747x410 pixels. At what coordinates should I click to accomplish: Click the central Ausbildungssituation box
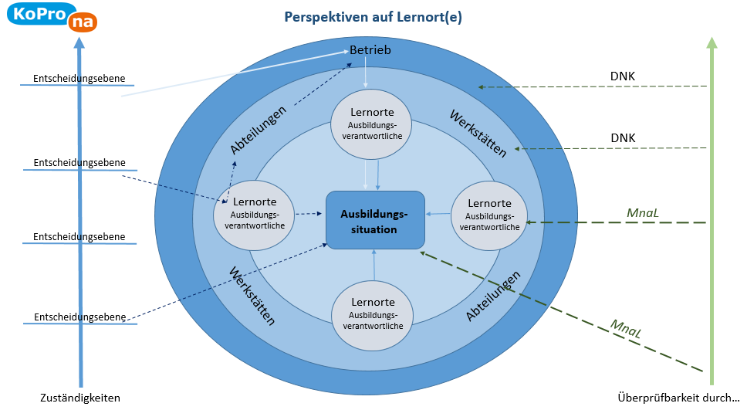[375, 220]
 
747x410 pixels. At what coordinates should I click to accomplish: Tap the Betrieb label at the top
[370, 50]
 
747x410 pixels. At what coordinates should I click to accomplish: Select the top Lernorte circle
[372, 124]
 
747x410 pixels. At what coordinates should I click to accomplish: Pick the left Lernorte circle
[254, 215]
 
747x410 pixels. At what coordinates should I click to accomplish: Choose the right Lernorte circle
[489, 215]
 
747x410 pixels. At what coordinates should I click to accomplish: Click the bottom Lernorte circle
[373, 315]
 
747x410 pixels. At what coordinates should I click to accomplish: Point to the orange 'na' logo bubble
[83, 22]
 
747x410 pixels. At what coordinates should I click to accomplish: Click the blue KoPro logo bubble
[39, 13]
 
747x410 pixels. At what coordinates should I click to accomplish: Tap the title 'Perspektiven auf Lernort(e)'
[373, 17]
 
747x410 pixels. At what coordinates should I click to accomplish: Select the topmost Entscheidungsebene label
[79, 79]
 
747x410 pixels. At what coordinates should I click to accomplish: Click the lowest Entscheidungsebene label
[80, 317]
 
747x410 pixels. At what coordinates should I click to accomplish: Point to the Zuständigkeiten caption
[80, 398]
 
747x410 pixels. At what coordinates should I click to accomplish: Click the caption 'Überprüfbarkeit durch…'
[678, 398]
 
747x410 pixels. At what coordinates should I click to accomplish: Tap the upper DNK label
[623, 76]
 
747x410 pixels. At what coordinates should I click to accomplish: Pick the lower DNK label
[623, 138]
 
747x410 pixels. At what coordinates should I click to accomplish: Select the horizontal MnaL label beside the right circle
[643, 212]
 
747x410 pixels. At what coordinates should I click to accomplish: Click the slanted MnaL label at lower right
[626, 328]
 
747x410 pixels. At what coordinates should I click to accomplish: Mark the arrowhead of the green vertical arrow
[712, 43]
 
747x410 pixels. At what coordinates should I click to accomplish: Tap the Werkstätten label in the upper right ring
[478, 134]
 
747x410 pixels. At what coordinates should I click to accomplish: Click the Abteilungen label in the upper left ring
[259, 130]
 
